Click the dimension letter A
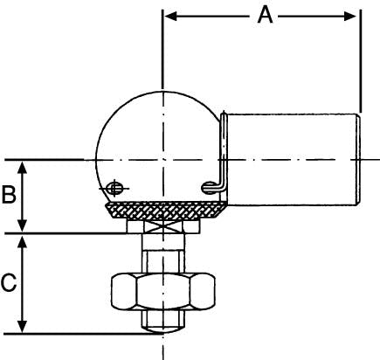265,16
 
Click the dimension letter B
9,194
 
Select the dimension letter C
9,282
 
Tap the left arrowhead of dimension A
171,17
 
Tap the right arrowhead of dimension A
349,17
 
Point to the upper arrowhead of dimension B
22,168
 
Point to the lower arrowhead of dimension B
22,225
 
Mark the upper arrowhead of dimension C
22,242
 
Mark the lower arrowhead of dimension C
22,326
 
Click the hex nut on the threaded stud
163,291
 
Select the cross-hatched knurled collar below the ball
166,211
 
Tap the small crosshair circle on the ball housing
114,188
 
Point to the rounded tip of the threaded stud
163,330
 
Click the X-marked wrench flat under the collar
163,226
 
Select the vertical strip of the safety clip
224,150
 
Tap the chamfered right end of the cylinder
359,160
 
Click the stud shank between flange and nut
163,253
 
